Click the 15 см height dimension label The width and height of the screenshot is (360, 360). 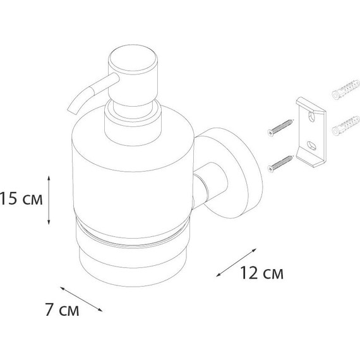[21, 198]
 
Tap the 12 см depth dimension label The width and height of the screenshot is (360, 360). [261, 273]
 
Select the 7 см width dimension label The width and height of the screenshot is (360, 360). [62, 310]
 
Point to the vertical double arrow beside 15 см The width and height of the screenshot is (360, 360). [49, 200]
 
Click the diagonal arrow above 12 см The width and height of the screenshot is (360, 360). [236, 263]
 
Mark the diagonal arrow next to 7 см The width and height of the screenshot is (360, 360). [81, 299]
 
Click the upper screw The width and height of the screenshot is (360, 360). [280, 128]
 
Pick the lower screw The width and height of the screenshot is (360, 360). [280, 164]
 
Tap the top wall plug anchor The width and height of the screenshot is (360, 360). [345, 90]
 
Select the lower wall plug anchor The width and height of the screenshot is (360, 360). [345, 125]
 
